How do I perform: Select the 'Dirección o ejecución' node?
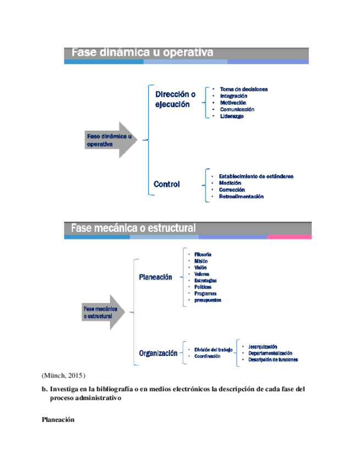coord(175,99)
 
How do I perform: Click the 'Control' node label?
coord(167,185)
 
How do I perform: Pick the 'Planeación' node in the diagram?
coord(156,278)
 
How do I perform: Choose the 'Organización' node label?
coord(158,353)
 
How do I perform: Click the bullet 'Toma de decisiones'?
coord(243,89)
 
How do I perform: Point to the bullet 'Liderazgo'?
coord(231,116)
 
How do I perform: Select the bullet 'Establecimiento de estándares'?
coord(256,176)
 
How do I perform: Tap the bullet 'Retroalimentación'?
coord(241,196)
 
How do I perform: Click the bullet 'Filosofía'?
coord(203,254)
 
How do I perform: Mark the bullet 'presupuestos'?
coord(207,300)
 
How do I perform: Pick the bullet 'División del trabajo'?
coord(213,349)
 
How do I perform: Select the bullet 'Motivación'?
coord(233,103)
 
